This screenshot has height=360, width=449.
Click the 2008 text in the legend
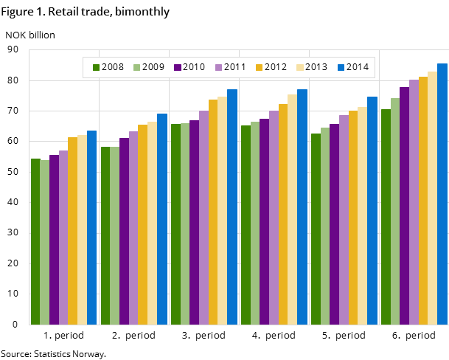point(113,67)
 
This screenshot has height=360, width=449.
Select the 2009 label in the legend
point(153,67)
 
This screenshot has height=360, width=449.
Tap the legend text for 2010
point(194,67)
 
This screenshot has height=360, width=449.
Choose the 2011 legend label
point(234,67)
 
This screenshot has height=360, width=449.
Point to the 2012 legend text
point(275,67)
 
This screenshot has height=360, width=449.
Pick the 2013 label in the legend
point(316,67)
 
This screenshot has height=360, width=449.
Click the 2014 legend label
point(358,67)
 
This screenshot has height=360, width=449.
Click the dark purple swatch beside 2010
point(178,67)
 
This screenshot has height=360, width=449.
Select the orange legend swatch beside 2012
point(260,67)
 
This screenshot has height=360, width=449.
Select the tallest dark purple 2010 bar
point(404,206)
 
